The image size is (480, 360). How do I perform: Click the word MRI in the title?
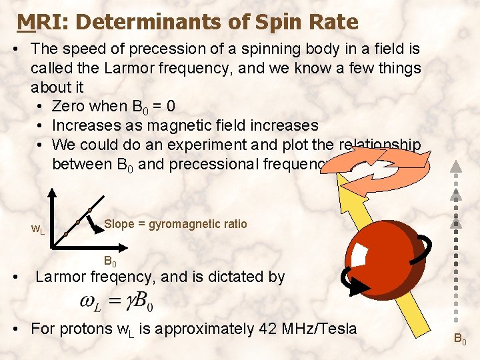pyautogui.click(x=37, y=23)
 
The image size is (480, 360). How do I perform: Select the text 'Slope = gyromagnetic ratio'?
pyautogui.click(x=175, y=224)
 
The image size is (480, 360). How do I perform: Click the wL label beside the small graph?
pyautogui.click(x=38, y=230)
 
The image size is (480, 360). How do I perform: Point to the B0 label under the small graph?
pyautogui.click(x=111, y=262)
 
